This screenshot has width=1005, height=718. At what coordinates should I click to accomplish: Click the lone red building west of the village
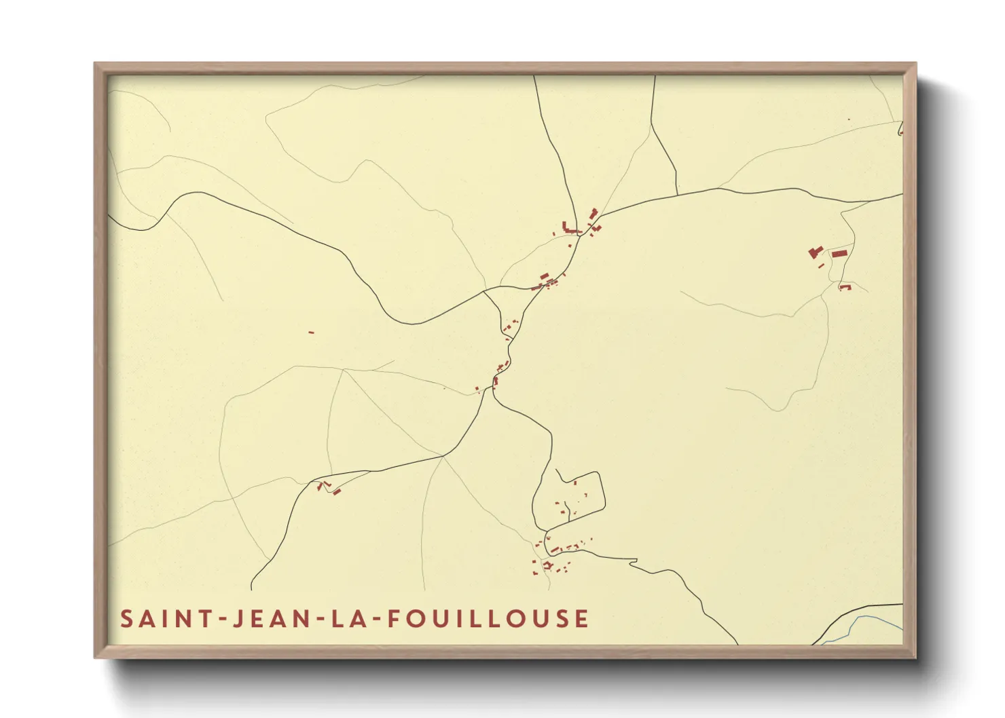pyautogui.click(x=311, y=333)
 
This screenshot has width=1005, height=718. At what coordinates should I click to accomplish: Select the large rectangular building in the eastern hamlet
pyautogui.click(x=840, y=254)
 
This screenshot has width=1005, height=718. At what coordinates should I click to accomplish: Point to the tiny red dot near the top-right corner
pyautogui.click(x=849, y=119)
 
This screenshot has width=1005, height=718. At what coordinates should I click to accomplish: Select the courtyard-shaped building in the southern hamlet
pyautogui.click(x=547, y=565)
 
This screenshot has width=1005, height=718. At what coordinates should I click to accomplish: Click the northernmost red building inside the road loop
pyautogui.click(x=575, y=483)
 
